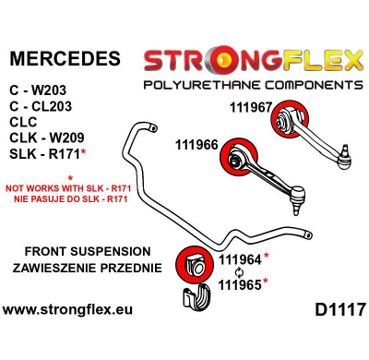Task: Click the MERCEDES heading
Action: (x=65, y=59)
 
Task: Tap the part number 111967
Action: (x=251, y=106)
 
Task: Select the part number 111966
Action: (x=196, y=145)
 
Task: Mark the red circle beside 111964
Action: (x=196, y=261)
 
